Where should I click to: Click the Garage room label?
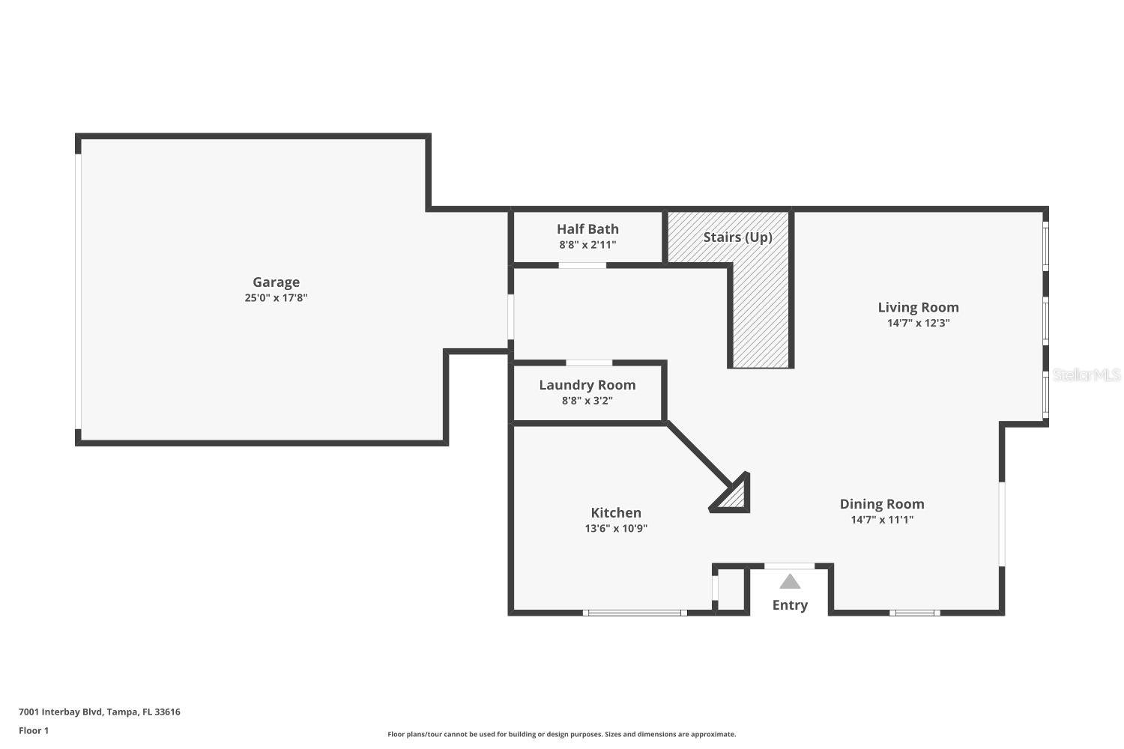(x=276, y=282)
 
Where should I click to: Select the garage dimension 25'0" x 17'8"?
(x=276, y=298)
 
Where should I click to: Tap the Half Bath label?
(x=587, y=229)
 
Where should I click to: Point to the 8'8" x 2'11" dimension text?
(x=587, y=245)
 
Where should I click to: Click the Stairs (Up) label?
(x=737, y=237)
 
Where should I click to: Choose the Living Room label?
(x=918, y=307)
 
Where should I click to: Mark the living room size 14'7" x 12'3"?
(x=918, y=324)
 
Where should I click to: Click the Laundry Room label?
(x=587, y=385)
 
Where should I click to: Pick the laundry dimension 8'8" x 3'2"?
(x=587, y=401)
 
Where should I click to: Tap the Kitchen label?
(x=616, y=513)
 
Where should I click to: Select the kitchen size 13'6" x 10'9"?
(x=616, y=529)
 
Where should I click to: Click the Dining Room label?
(x=881, y=504)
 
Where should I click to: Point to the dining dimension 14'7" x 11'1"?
(x=881, y=520)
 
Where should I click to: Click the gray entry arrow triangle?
(x=790, y=582)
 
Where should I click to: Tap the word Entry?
(x=790, y=605)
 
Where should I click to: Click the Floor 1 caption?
(x=34, y=731)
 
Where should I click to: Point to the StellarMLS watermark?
(x=1086, y=375)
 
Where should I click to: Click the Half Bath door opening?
(x=582, y=265)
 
